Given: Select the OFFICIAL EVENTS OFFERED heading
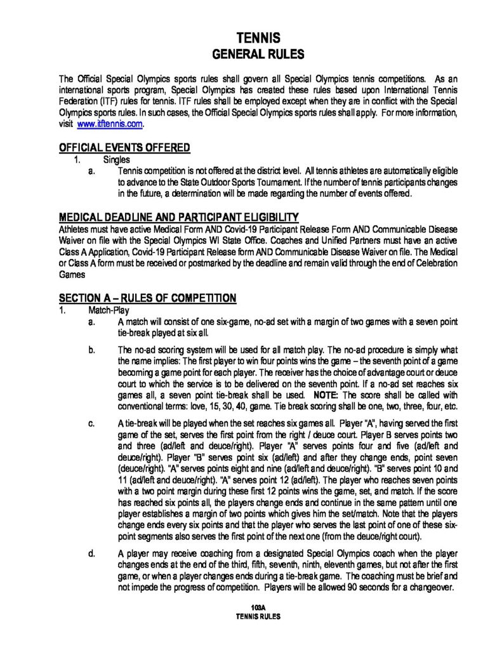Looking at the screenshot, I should click(x=124, y=148).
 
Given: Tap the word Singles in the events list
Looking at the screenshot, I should click(x=116, y=160).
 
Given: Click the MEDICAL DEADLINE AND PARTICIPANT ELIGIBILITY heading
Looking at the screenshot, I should click(x=179, y=216).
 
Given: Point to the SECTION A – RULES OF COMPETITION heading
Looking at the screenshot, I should click(x=147, y=298).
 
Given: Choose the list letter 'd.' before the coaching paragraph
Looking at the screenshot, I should click(x=93, y=555).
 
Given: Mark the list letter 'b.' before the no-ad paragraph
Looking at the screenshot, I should click(x=93, y=350).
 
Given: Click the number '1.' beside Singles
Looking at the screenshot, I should click(x=78, y=160).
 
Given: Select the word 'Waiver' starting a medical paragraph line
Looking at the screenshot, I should click(x=72, y=237).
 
